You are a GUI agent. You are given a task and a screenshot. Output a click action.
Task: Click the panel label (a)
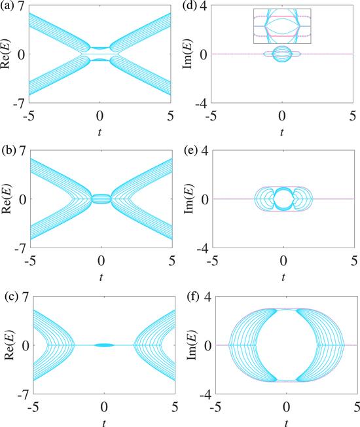[x=7, y=7]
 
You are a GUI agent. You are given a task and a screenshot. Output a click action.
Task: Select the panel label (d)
[x=189, y=7]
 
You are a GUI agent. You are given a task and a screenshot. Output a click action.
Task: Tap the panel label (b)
[x=8, y=151]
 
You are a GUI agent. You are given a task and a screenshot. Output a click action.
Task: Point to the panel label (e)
[x=190, y=151]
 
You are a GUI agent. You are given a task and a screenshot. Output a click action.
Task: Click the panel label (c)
[x=11, y=297]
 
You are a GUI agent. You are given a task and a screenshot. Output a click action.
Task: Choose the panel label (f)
[x=192, y=297]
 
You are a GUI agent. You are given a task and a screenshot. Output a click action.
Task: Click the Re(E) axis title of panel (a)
[x=7, y=54]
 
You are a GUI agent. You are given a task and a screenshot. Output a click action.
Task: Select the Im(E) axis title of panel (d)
[x=189, y=54]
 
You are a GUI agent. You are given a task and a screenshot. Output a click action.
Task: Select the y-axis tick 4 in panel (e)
[x=206, y=152]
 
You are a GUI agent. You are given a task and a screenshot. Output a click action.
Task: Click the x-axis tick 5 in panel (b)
[x=172, y=261]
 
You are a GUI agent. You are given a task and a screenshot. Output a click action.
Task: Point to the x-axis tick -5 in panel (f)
[x=217, y=407]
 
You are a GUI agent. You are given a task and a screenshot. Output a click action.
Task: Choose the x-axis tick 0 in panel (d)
[x=282, y=116]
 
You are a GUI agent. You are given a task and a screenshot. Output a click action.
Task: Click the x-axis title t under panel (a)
[x=99, y=133]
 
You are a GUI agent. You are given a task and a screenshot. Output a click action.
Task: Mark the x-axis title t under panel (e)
[x=283, y=278]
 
